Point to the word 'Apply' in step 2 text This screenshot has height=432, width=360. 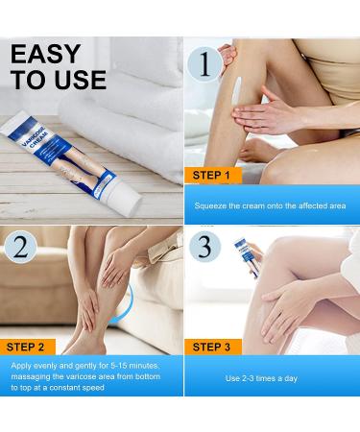pos(26,366)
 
